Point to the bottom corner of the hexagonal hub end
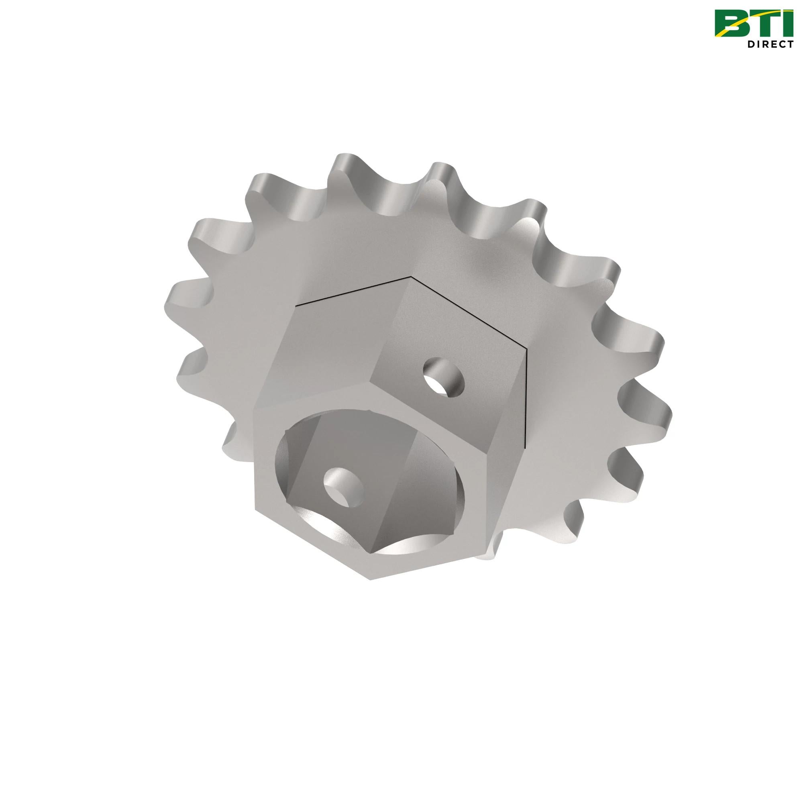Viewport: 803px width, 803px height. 369,578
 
